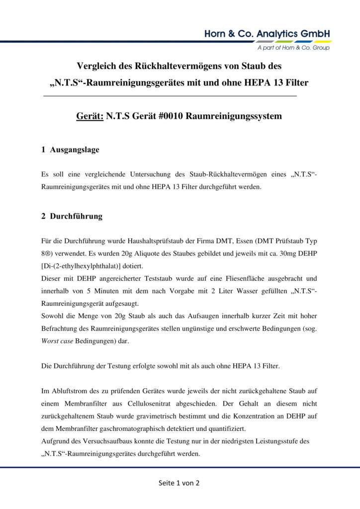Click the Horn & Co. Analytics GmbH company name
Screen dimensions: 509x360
(267, 34)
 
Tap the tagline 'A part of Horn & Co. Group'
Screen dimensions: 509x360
(293, 48)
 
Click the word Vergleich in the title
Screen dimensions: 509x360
(97, 65)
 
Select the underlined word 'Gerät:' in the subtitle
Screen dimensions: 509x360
(89, 116)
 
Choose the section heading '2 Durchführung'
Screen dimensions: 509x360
(72, 216)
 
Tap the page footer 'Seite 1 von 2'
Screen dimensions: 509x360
(180, 483)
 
